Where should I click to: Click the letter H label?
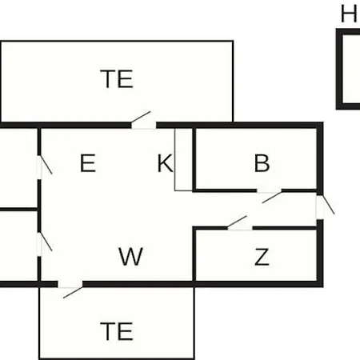(349, 14)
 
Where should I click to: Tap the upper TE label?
(117, 78)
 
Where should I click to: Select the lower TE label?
(117, 331)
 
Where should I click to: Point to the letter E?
(88, 163)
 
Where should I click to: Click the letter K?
(166, 163)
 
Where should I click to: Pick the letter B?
(262, 163)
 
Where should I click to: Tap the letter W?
(130, 256)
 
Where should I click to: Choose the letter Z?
(262, 257)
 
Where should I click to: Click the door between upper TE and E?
(143, 120)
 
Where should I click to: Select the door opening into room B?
(270, 196)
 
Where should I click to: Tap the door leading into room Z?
(239, 223)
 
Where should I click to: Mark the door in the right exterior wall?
(325, 207)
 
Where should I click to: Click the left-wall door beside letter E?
(44, 167)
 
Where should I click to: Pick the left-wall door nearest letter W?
(44, 244)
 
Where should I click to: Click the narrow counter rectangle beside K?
(183, 159)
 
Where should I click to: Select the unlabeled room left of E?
(18, 168)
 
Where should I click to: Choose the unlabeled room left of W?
(18, 246)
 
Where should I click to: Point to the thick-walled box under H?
(338, 69)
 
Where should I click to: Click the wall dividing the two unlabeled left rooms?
(18, 210)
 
